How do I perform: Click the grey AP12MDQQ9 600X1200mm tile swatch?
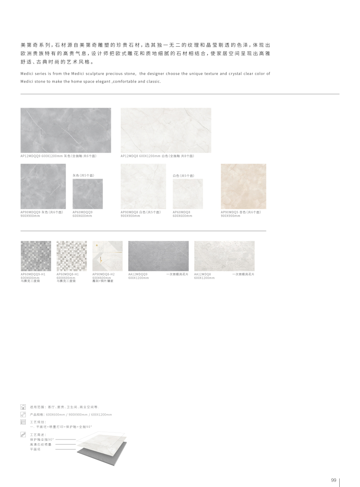coord(66,130)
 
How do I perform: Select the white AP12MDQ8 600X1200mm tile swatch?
coord(166,130)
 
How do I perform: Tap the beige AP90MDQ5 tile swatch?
coord(243,186)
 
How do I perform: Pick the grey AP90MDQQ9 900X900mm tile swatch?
coord(43,186)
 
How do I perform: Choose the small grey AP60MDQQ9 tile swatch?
coord(88,194)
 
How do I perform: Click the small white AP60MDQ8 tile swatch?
coord(188,194)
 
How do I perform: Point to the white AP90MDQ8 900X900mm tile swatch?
coord(143,186)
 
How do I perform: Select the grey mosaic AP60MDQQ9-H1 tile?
coord(36,256)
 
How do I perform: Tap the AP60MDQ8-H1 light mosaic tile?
coord(72,256)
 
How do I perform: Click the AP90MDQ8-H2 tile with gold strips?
coord(108,256)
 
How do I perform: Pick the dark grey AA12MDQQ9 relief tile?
coord(158,256)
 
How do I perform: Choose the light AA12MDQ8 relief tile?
coord(224,256)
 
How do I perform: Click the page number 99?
coord(333,481)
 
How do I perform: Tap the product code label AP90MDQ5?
coord(230,212)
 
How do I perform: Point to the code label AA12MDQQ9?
coord(138,274)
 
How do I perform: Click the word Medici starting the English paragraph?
coord(27,73)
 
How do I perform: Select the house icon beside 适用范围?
coord(23,407)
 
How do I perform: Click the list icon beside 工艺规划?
coord(23,422)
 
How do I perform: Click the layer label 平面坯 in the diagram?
coord(35,449)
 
